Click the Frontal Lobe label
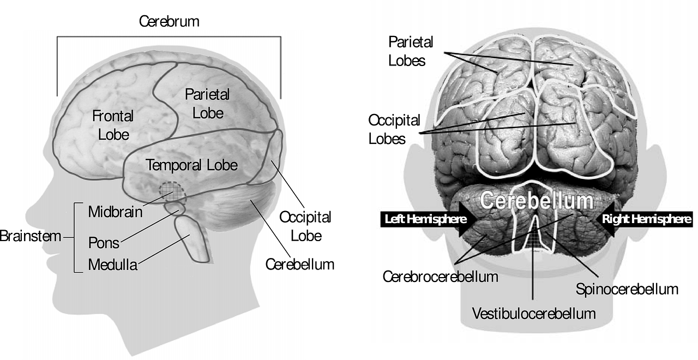[x=112, y=125]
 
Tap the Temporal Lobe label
[x=192, y=165]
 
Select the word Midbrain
[x=115, y=212]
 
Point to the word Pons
[x=104, y=242]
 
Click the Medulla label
[x=112, y=266]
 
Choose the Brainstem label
[x=30, y=237]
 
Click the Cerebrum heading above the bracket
[x=169, y=22]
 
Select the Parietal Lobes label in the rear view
[x=411, y=51]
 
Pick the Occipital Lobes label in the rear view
[x=394, y=129]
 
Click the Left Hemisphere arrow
[x=426, y=219]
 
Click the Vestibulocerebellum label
[x=533, y=314]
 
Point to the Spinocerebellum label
[x=627, y=289]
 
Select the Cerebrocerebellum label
[x=440, y=277]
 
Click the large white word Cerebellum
[x=535, y=200]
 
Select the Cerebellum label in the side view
[x=300, y=265]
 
